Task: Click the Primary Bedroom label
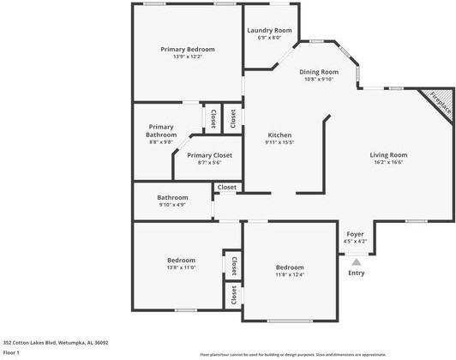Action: [x=188, y=50]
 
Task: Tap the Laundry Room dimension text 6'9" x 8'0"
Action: [x=269, y=38]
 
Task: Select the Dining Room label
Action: [x=319, y=72]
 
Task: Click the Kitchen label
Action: [x=279, y=135]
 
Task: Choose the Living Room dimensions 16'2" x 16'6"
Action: [x=387, y=162]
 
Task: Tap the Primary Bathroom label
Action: [x=160, y=130]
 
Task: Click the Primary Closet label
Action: [x=209, y=155]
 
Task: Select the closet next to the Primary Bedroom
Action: [x=210, y=118]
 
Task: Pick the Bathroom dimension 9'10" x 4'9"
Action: [x=172, y=205]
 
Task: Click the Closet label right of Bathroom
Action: [x=227, y=187]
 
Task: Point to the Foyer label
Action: [x=355, y=234]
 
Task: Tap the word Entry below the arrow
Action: [x=356, y=273]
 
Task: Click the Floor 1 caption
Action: [x=11, y=352]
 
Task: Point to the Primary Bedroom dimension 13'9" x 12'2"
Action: [x=188, y=57]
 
